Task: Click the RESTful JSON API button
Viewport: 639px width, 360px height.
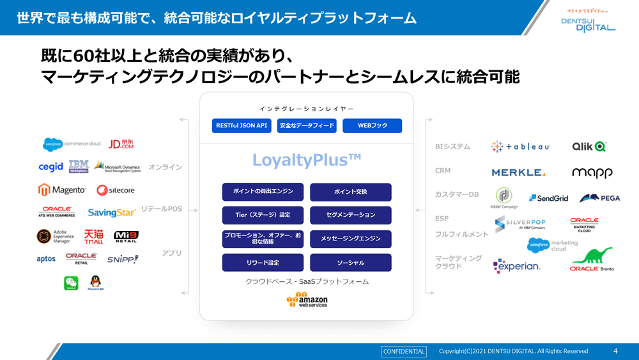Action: [242, 126]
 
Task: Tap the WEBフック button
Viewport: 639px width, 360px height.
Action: [372, 126]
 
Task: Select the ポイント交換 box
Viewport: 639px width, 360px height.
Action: [350, 192]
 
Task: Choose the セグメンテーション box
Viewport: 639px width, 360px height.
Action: [350, 215]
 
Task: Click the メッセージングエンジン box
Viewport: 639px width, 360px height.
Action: [350, 239]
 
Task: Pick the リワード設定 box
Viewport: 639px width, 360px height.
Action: [262, 262]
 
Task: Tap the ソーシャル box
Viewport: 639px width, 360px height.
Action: [350, 262]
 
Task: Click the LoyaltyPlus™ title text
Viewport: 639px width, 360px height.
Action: [307, 160]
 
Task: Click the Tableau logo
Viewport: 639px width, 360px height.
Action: [520, 146]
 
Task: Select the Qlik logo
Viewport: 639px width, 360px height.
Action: [589, 146]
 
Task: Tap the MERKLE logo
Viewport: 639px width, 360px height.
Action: [518, 173]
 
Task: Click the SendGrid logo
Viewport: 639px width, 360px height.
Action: [548, 198]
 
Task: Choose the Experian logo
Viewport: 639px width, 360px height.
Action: [516, 266]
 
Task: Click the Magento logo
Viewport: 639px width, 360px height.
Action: [62, 190]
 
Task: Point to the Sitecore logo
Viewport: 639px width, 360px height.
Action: [116, 190]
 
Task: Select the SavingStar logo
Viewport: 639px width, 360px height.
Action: [112, 212]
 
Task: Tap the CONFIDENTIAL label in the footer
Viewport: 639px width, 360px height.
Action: [403, 351]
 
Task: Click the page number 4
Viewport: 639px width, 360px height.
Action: [615, 351]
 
